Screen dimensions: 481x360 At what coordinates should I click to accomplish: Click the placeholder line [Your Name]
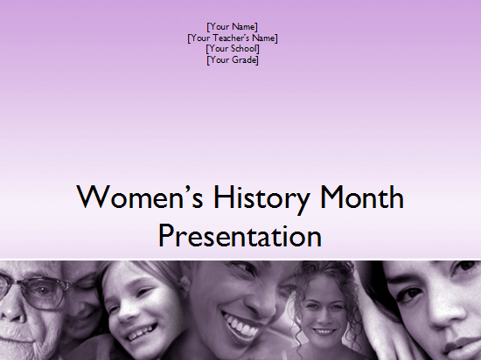[x=233, y=27]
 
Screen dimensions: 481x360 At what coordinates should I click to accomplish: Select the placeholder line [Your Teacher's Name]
[x=233, y=38]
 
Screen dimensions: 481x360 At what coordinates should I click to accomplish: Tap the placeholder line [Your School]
[x=233, y=49]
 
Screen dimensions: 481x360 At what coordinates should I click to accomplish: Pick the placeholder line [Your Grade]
[x=233, y=59]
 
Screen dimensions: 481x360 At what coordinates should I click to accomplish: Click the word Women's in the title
[x=140, y=197]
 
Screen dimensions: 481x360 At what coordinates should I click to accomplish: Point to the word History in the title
[x=261, y=199]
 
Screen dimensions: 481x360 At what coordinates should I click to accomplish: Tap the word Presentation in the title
[x=240, y=236]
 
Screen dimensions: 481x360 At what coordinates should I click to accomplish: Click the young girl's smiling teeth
[x=140, y=333]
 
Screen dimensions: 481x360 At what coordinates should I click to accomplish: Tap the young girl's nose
[x=127, y=313]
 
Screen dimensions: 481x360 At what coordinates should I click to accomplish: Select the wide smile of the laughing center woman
[x=242, y=324]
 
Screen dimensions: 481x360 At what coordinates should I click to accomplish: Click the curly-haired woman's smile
[x=322, y=331]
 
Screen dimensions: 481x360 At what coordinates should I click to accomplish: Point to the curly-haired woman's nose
[x=321, y=320]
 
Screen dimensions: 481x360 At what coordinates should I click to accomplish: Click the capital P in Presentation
[x=166, y=236]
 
